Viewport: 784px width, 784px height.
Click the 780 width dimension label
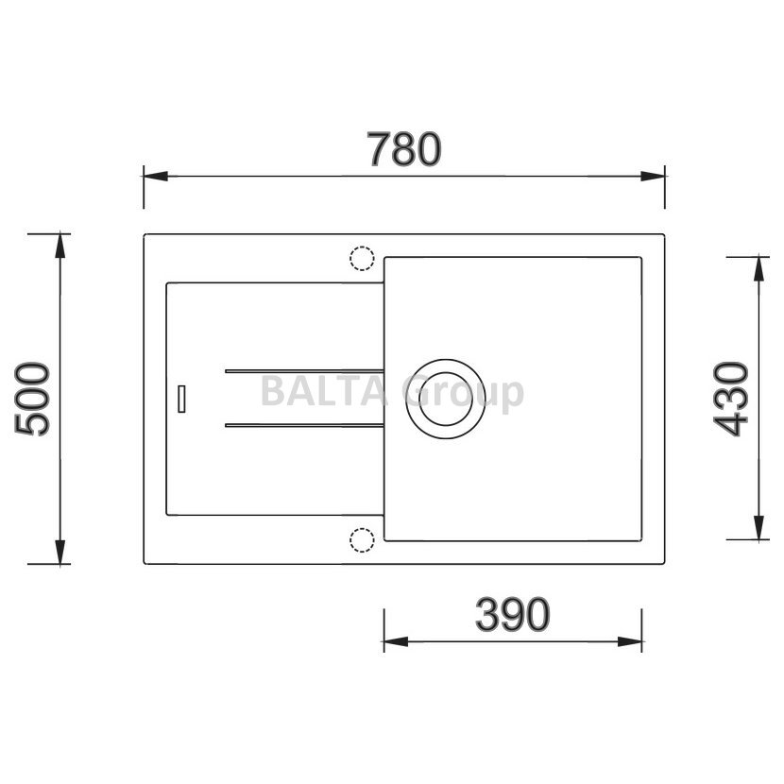pyautogui.click(x=404, y=149)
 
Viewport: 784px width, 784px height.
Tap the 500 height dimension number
pyautogui.click(x=32, y=399)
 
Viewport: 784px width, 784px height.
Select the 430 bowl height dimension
pyautogui.click(x=730, y=399)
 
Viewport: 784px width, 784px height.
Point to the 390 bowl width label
pyautogui.click(x=513, y=614)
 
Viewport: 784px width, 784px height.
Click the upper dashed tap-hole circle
pyautogui.click(x=362, y=247)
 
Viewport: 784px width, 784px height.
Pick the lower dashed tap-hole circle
pyautogui.click(x=362, y=529)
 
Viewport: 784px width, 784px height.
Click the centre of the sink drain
pyautogui.click(x=446, y=399)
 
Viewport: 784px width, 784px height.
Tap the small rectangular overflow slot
pyautogui.click(x=181, y=399)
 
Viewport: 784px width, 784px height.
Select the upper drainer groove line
pyautogui.click(x=304, y=371)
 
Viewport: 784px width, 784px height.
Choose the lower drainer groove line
pyautogui.click(x=304, y=425)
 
